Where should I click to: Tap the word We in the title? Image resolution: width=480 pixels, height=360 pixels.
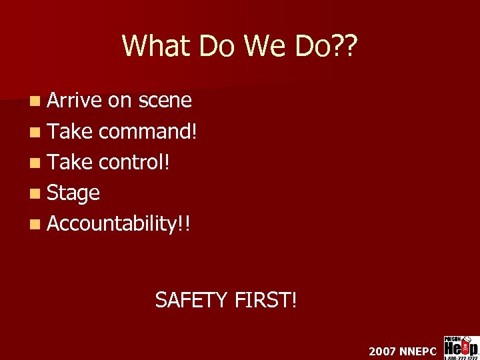click(x=259, y=46)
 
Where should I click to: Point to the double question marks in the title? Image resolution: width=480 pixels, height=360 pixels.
click(x=344, y=46)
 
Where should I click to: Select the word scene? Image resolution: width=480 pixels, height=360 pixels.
click(x=165, y=101)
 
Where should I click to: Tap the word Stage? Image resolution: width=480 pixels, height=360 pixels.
click(x=73, y=194)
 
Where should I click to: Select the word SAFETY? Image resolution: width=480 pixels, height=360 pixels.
click(x=192, y=300)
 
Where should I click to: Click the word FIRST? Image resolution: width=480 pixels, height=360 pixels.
click(x=266, y=300)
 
